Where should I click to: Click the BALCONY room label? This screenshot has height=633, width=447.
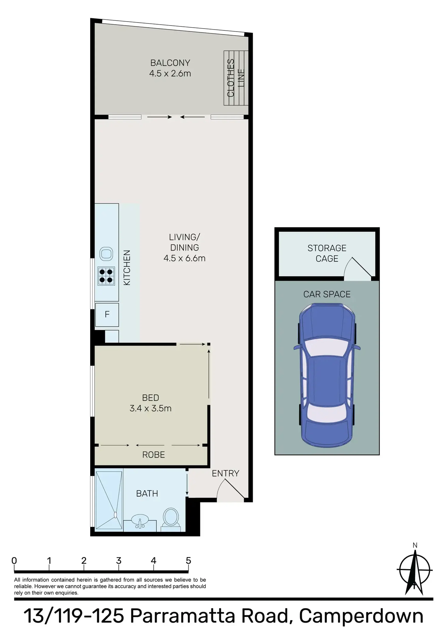[x=170, y=63]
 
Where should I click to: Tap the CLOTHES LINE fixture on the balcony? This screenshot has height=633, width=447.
[x=236, y=78]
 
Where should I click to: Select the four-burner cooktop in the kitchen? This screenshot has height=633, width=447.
[x=106, y=276]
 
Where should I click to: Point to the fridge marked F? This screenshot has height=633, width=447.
[x=107, y=315]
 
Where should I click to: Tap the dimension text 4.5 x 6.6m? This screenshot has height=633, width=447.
[x=184, y=258]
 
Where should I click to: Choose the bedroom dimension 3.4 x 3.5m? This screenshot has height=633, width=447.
[x=150, y=408]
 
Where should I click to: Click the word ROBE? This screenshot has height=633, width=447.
[x=154, y=455]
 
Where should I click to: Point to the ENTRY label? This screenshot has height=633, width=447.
[x=225, y=473]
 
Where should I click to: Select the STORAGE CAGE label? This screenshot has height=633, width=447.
[x=327, y=253]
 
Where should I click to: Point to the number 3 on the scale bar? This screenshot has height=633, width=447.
[x=119, y=561]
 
